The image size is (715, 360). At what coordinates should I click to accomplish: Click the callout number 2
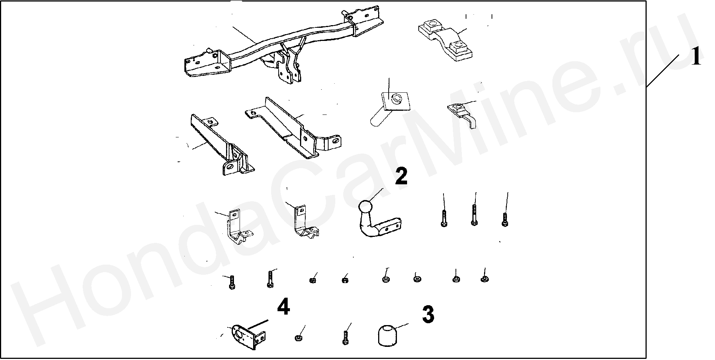coord(401,177)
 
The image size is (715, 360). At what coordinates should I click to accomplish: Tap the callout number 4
coord(283,308)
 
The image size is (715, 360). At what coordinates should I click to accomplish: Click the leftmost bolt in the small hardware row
coord(232,282)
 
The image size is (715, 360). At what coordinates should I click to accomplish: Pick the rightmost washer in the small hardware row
coord(484,279)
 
